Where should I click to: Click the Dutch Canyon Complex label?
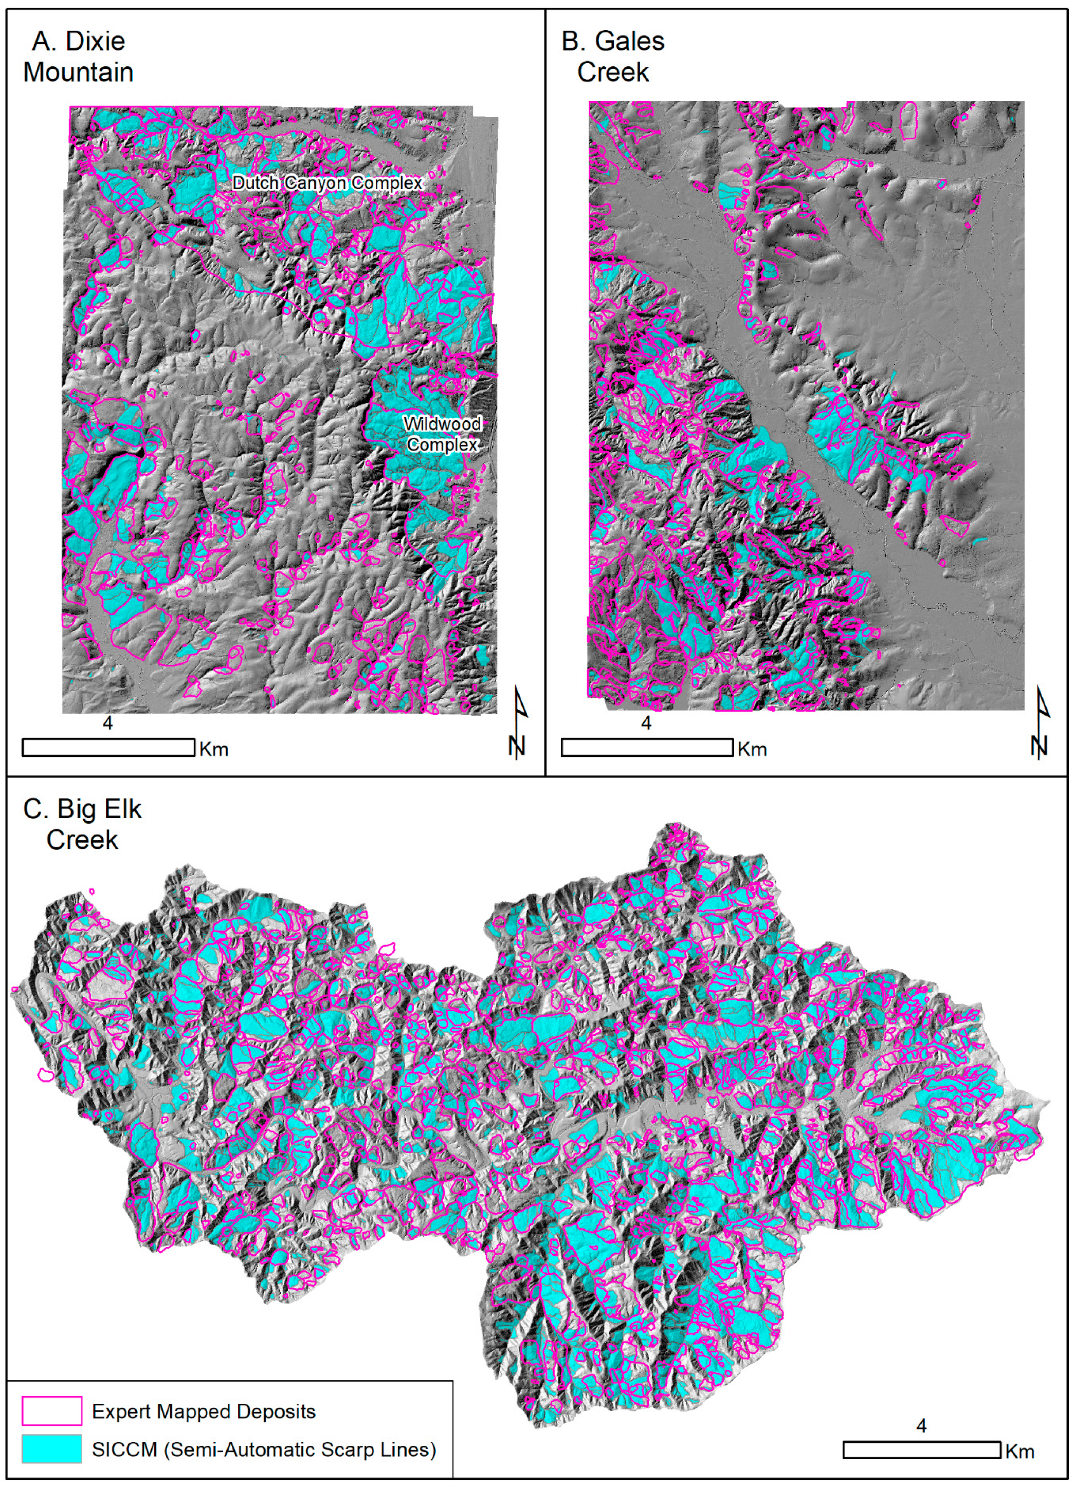click(327, 183)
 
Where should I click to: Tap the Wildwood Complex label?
click(442, 434)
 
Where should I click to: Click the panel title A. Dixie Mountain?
click(78, 57)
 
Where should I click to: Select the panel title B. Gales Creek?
click(613, 57)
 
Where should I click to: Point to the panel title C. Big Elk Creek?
click(82, 824)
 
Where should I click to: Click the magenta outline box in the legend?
click(52, 1411)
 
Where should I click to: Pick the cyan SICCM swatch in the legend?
click(52, 1449)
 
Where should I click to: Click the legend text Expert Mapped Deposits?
click(204, 1411)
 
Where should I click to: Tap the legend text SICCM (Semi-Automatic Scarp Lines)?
click(264, 1449)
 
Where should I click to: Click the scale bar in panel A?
click(108, 748)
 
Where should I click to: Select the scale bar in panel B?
click(647, 748)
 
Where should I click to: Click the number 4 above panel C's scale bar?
click(921, 1425)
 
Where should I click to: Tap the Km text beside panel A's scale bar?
click(214, 749)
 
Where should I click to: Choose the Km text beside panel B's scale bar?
click(752, 749)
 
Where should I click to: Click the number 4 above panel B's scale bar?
click(646, 723)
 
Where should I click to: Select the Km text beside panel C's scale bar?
click(1020, 1452)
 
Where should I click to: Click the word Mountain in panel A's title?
click(78, 72)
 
